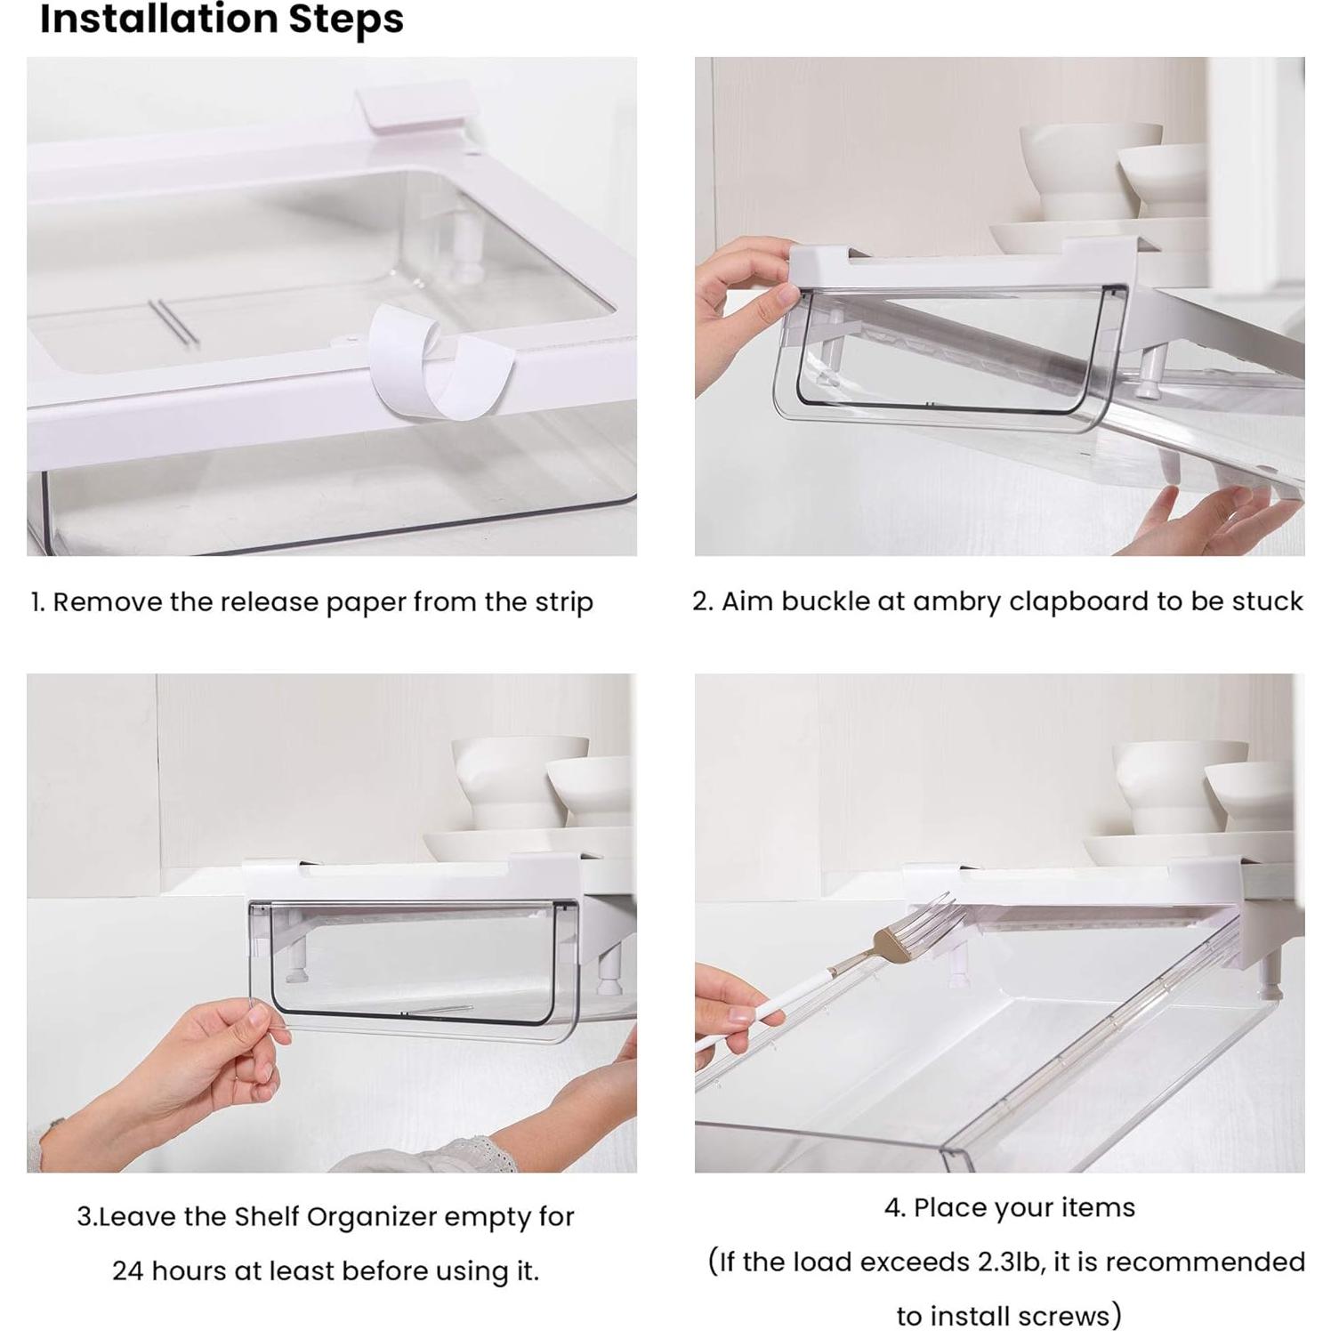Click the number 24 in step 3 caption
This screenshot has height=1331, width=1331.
click(x=127, y=1271)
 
